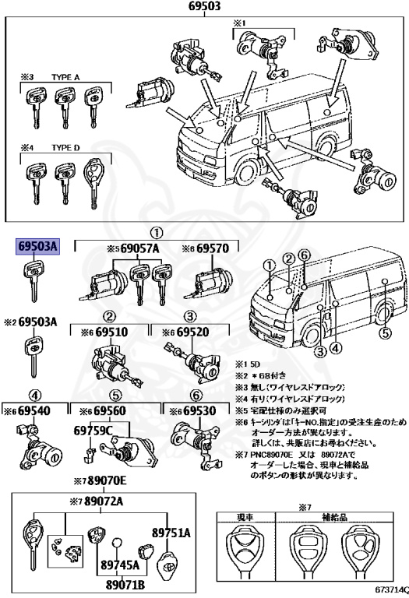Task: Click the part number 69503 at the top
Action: pos(204,8)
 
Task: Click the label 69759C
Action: pos(93,430)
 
